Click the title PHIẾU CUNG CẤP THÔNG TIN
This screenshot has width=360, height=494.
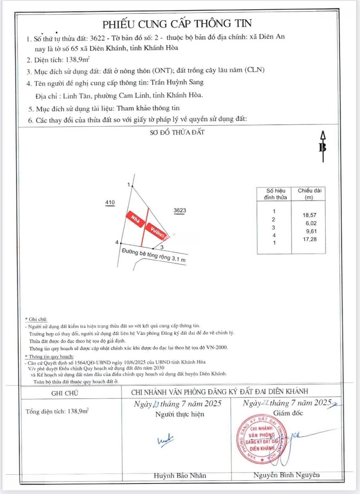coord(177,24)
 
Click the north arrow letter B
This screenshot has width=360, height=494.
coord(322,147)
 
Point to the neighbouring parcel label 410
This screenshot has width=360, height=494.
coord(110,202)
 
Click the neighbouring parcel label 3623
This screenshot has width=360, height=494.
coord(179,211)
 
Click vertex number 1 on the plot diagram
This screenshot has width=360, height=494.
coord(129,184)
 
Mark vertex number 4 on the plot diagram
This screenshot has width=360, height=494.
coord(117,242)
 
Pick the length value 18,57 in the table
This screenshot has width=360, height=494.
coord(310,215)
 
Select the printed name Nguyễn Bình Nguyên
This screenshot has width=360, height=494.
coord(286,475)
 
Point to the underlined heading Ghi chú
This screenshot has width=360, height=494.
coord(36,319)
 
